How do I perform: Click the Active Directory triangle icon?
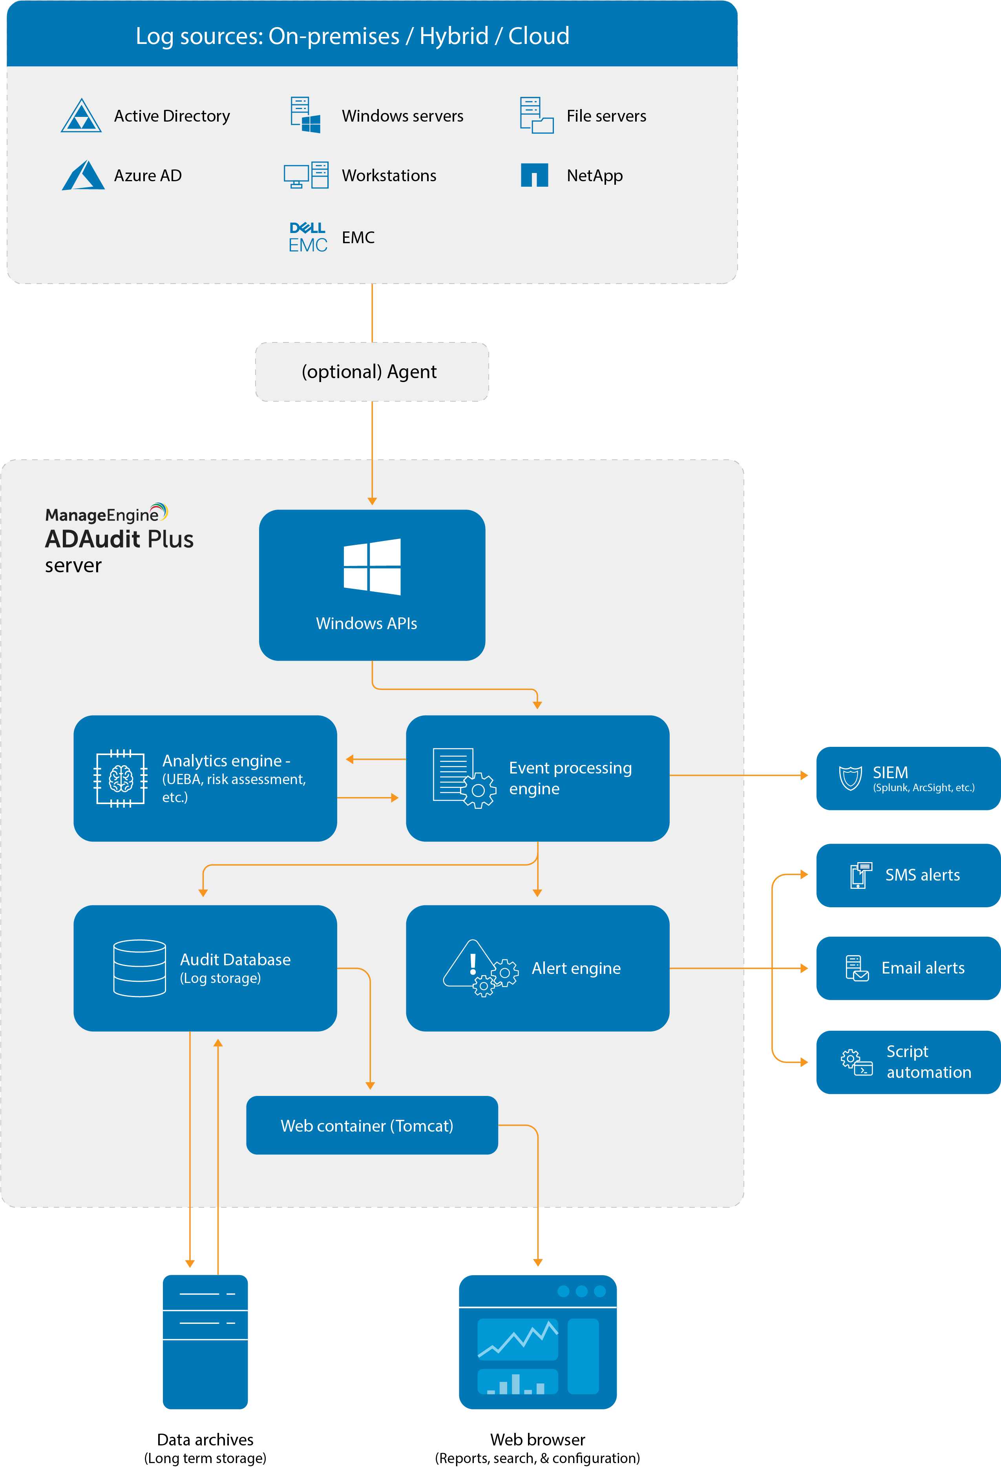pos(81,116)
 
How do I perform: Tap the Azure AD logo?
pos(83,175)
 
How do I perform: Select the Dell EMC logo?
pos(308,237)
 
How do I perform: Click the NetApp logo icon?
pos(534,175)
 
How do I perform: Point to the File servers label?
pos(606,116)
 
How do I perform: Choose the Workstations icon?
pos(306,175)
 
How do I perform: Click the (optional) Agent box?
pos(372,372)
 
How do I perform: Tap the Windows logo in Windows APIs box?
pos(372,566)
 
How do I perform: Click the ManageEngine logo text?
pos(102,515)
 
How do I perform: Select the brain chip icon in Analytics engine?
pos(121,778)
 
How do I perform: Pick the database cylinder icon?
pos(140,968)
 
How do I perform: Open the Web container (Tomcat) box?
pos(372,1125)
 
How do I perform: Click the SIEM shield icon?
pos(850,778)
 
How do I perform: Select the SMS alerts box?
pos(908,875)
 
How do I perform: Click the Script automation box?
pos(908,1062)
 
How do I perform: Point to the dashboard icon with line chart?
pos(537,1342)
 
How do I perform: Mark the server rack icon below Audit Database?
pos(205,1342)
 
